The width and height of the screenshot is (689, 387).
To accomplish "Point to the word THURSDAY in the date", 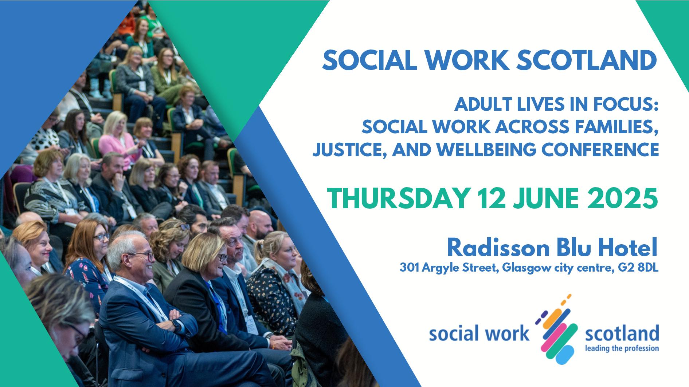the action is click(x=397, y=199).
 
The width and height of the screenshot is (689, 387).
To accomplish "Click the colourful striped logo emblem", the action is click(x=556, y=329).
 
